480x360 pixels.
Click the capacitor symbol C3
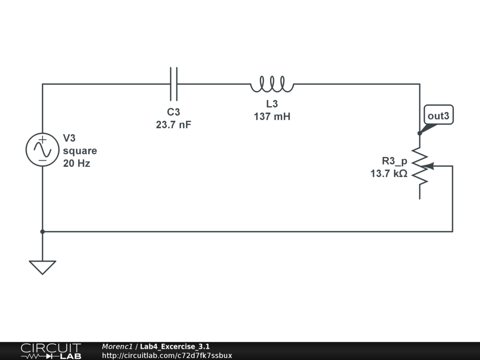click(x=173, y=84)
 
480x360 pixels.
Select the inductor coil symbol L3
click(x=272, y=85)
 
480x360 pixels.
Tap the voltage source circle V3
click(x=42, y=150)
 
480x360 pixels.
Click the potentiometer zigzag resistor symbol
click(x=420, y=166)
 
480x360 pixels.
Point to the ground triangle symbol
click(x=42, y=267)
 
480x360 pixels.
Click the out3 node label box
click(x=439, y=115)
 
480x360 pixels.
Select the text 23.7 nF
click(x=173, y=125)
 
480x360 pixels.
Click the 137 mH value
click(x=272, y=117)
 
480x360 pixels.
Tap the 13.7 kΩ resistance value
click(x=389, y=174)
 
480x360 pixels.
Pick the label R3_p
click(x=394, y=161)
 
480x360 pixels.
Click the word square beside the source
click(x=80, y=151)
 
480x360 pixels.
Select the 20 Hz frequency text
click(x=76, y=164)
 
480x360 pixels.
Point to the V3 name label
click(x=69, y=138)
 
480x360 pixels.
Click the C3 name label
click(x=173, y=112)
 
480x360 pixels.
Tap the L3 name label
click(x=272, y=104)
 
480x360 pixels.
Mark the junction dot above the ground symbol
click(x=42, y=232)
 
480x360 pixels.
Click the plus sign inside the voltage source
click(x=42, y=140)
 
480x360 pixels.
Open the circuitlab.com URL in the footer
click(x=167, y=356)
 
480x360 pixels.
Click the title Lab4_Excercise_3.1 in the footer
click(x=175, y=346)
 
